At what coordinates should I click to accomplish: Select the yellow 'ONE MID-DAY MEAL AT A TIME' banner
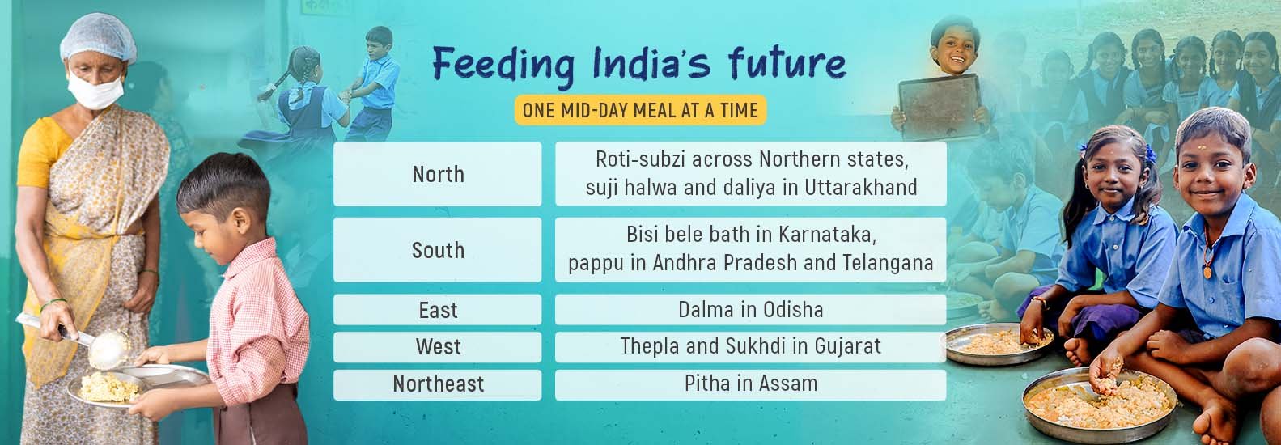(640, 110)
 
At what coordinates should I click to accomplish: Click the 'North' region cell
(438, 174)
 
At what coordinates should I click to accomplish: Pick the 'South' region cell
(438, 250)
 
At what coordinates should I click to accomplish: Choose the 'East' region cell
(438, 309)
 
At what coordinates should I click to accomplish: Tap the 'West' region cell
(438, 346)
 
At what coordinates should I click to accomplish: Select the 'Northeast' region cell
(438, 384)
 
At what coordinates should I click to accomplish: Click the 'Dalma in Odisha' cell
(750, 309)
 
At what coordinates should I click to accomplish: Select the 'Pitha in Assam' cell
(750, 384)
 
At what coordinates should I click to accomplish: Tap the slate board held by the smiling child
(941, 107)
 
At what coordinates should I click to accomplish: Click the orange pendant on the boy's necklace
(1207, 271)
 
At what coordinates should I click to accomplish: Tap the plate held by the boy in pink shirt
(138, 385)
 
